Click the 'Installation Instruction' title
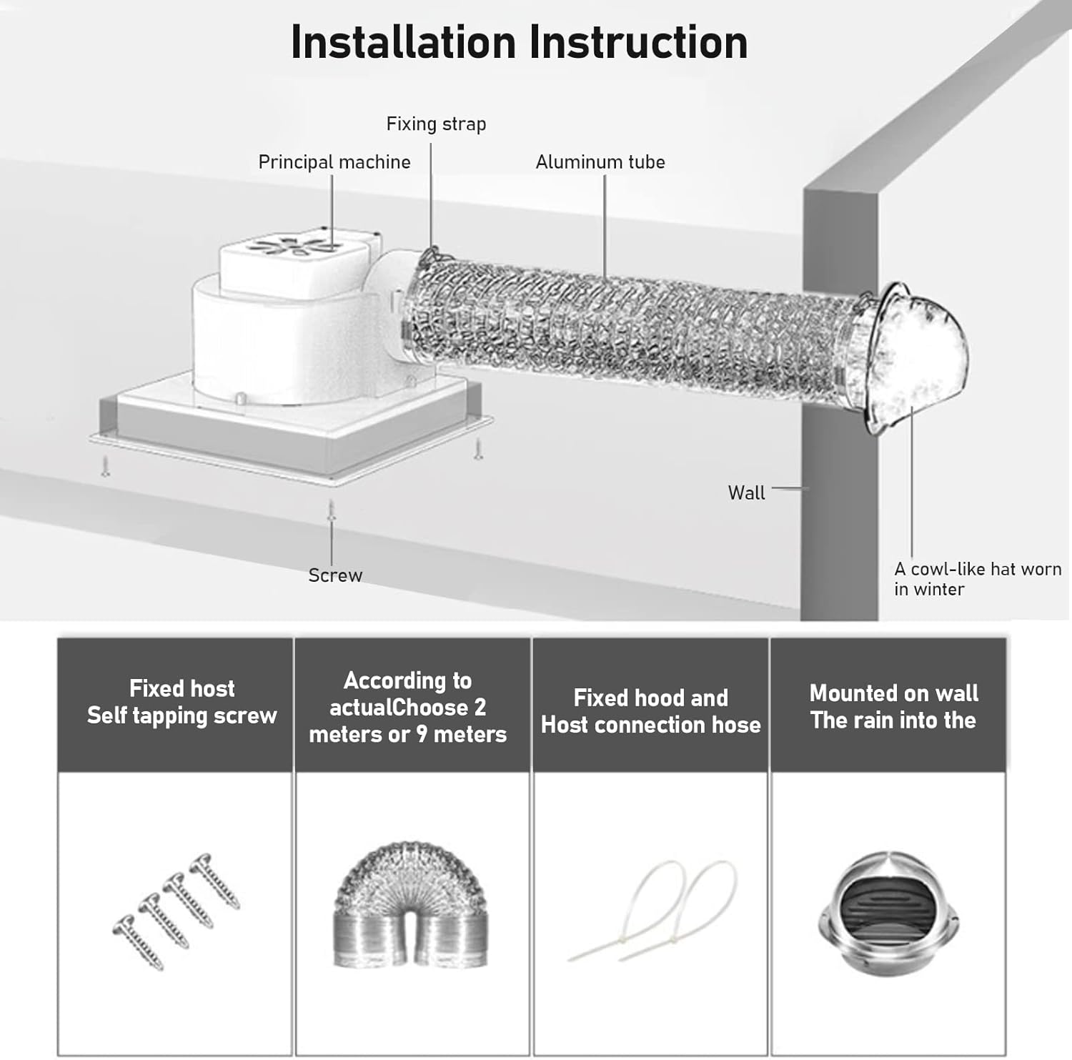coord(519,43)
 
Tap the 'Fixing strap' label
coord(436,124)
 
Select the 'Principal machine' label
coord(334,162)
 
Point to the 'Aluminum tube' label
coord(600,162)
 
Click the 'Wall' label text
coord(746,492)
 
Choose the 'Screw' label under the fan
coord(335,575)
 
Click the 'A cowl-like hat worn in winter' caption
coord(977,579)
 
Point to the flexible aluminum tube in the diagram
coord(629,329)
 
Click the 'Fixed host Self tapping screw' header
coord(182,702)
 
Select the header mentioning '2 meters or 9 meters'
coord(407,707)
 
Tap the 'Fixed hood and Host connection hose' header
coord(650,711)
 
